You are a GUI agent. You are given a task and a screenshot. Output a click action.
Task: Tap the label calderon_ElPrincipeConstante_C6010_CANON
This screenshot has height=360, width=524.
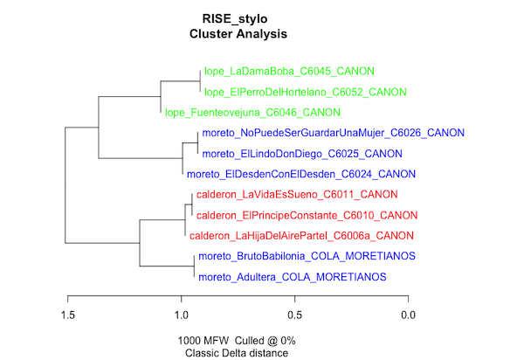tap(307, 215)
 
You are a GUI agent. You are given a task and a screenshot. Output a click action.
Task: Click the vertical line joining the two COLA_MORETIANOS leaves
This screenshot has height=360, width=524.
tap(194, 267)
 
